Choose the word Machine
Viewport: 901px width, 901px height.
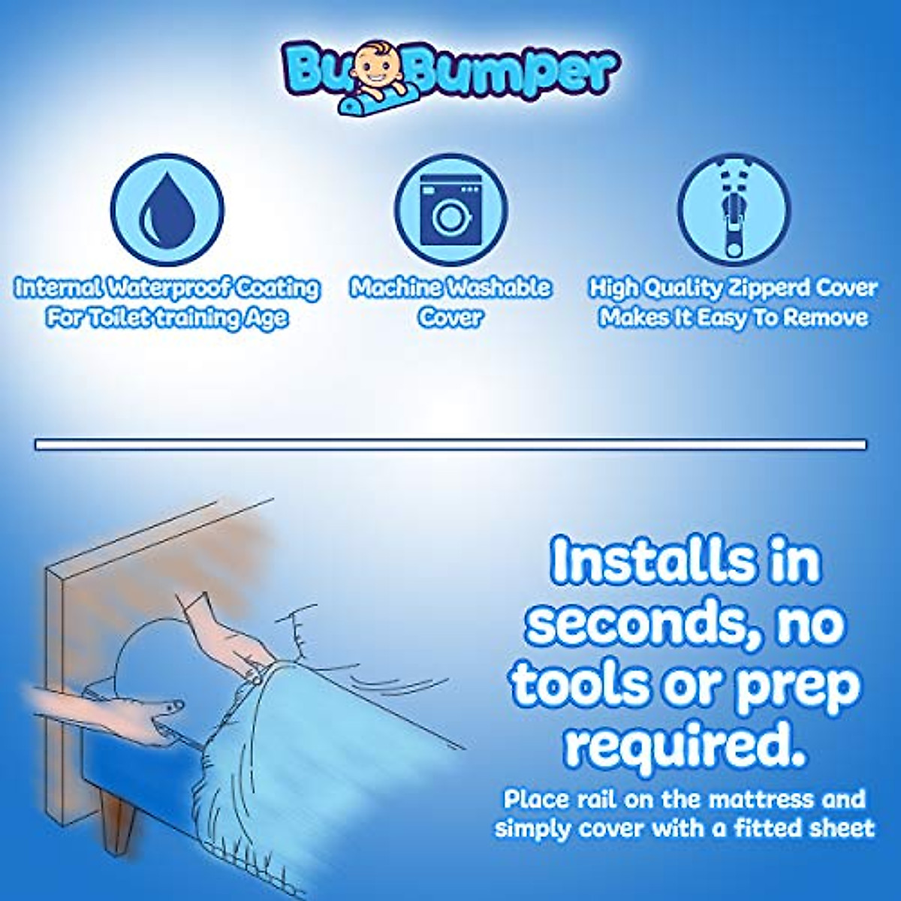(395, 288)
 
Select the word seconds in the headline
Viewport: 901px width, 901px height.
(634, 623)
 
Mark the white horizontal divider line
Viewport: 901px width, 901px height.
(450, 445)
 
